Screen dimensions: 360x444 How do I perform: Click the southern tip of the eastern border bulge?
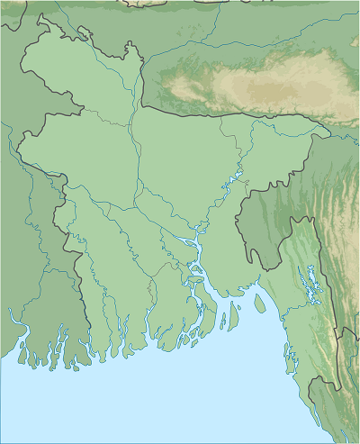[265, 268]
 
